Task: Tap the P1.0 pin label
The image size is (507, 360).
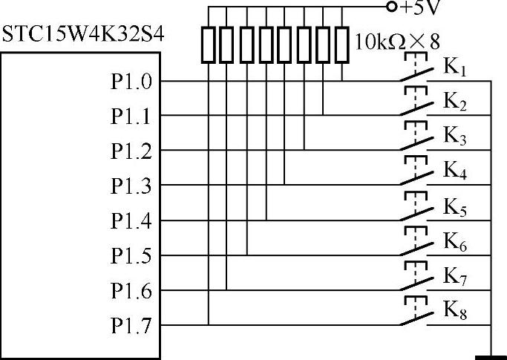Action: (x=131, y=82)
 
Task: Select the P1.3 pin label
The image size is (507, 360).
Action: (x=131, y=186)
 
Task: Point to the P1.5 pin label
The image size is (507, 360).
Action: (x=131, y=255)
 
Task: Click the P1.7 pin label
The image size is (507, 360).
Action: (x=131, y=325)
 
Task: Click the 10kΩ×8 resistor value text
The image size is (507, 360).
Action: (x=391, y=42)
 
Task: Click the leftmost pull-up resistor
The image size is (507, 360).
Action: (x=209, y=44)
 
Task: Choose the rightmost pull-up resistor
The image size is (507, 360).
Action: (x=342, y=44)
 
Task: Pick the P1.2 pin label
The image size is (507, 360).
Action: (x=131, y=151)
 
